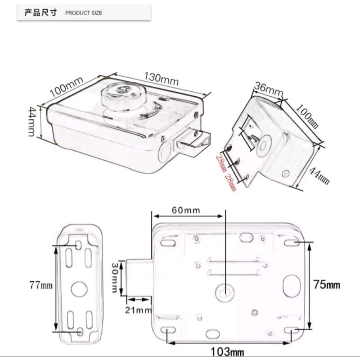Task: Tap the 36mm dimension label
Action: [x=268, y=88]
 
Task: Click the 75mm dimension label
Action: [x=327, y=285]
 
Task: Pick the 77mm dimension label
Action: [x=40, y=285]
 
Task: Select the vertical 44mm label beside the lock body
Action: [x=31, y=122]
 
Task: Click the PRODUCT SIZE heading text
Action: [x=84, y=13]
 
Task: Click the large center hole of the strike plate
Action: [x=79, y=288]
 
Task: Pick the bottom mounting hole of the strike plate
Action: [x=80, y=332]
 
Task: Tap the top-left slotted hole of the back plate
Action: [x=168, y=243]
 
